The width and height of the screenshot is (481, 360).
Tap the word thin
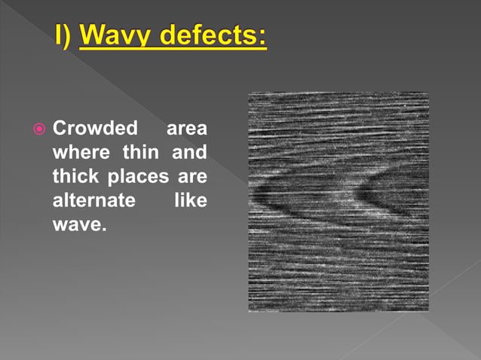click(140, 153)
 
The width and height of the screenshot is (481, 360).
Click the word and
click(189, 153)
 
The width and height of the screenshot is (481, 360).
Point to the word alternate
click(93, 203)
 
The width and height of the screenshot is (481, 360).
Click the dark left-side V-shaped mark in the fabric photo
click(268, 197)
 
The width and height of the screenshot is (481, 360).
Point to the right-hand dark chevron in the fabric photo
click(369, 197)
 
